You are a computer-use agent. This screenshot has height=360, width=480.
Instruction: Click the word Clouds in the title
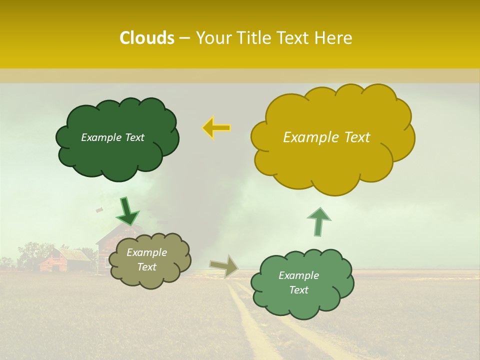click(x=147, y=38)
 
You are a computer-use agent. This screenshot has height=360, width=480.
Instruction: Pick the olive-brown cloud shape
click(x=150, y=277)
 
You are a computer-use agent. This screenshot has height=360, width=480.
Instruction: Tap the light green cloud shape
click(x=300, y=305)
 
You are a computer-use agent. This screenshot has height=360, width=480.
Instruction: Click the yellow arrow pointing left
click(x=216, y=128)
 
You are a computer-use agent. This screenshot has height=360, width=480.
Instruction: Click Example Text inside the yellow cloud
click(x=326, y=137)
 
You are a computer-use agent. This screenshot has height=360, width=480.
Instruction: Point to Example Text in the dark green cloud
click(x=112, y=137)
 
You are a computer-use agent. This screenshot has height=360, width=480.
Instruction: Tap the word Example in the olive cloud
click(x=146, y=252)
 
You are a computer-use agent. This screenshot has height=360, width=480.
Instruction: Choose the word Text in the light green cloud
click(x=298, y=290)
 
